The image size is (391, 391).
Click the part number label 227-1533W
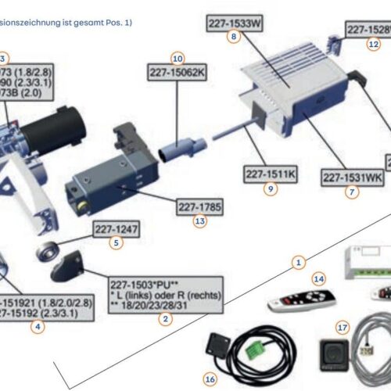tap(234, 23)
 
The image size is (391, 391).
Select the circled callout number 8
tap(234, 37)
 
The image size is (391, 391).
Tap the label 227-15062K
tap(178, 73)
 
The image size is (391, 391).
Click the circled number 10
tap(178, 58)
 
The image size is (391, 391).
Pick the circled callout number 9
tap(271, 188)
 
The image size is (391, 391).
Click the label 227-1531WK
tap(353, 177)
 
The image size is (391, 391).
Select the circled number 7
tap(353, 191)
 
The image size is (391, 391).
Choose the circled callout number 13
tap(201, 221)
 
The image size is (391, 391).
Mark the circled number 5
tap(116, 242)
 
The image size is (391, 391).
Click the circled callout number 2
tap(165, 318)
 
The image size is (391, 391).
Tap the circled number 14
tap(317, 278)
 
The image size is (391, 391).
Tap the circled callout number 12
tap(373, 44)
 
